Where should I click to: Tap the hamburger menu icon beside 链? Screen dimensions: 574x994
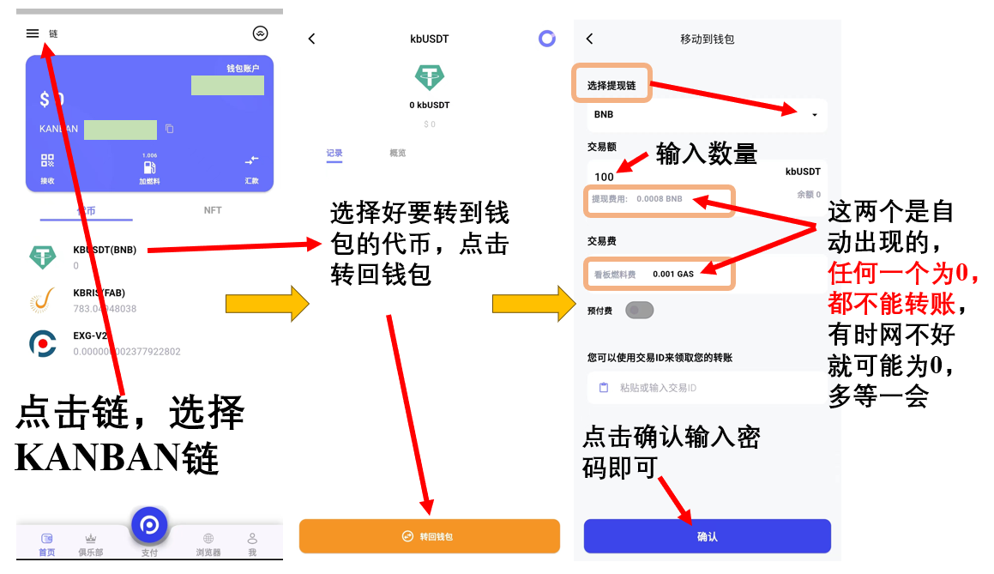tap(33, 33)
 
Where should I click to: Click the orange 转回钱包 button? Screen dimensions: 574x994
tap(429, 536)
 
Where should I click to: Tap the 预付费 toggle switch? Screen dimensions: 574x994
tap(640, 311)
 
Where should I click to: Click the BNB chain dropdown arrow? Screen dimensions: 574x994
tap(814, 115)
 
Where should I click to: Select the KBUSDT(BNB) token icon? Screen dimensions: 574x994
tap(43, 256)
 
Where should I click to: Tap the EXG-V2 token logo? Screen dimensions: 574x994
tap(43, 343)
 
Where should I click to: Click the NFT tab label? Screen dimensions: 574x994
tap(213, 210)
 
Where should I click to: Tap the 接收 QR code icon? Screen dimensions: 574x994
tap(47, 160)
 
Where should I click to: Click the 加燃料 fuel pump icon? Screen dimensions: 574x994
tap(150, 167)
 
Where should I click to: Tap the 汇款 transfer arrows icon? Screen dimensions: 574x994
tap(251, 160)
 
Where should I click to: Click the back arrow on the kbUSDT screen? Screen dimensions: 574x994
tap(311, 39)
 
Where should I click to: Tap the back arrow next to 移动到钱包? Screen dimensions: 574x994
tap(589, 39)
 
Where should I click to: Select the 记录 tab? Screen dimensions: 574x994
tap(334, 154)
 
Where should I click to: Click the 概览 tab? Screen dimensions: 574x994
tap(398, 154)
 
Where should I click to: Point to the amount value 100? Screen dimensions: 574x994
tap(604, 177)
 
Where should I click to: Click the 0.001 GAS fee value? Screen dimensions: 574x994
tap(673, 274)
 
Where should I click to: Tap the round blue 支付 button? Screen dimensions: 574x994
tap(149, 524)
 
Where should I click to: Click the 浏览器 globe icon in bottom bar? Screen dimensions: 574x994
tap(208, 539)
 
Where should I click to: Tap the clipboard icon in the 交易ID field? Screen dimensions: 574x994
tap(604, 388)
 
